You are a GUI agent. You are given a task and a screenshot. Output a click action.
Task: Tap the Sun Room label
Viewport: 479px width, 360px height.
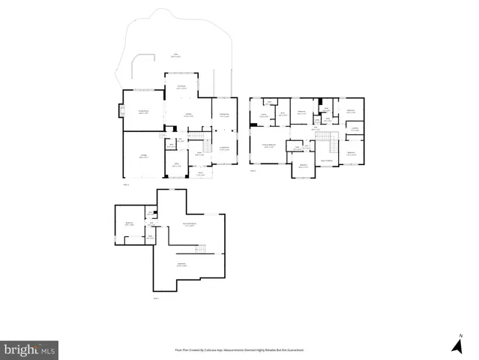[x=181, y=86]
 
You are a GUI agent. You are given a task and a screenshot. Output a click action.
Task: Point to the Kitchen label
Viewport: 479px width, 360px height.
[x=190, y=116]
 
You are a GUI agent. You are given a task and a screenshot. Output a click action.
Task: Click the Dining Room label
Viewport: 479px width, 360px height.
[x=223, y=115]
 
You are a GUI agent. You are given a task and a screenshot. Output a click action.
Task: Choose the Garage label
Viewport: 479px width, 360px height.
[x=142, y=156]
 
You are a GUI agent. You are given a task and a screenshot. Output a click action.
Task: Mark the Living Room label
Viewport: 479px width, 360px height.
[x=223, y=149]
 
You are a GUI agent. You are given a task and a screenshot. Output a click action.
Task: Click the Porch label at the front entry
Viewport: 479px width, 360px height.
[x=199, y=173]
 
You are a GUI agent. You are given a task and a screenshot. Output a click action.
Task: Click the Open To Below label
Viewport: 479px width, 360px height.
[x=327, y=160]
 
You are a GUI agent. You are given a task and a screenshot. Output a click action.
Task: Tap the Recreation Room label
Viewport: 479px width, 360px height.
[x=190, y=224]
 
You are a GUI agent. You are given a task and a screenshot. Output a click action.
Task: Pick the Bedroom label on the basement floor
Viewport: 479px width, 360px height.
[x=129, y=223]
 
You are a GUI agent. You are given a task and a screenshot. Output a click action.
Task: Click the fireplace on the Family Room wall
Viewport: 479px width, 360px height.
[x=120, y=113]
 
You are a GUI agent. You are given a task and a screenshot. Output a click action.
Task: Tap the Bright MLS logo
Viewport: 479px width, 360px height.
[x=30, y=349]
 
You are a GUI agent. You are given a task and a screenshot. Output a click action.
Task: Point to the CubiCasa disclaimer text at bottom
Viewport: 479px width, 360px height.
[x=239, y=349]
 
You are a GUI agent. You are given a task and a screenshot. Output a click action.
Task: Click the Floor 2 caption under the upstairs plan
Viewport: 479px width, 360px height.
[x=253, y=172]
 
